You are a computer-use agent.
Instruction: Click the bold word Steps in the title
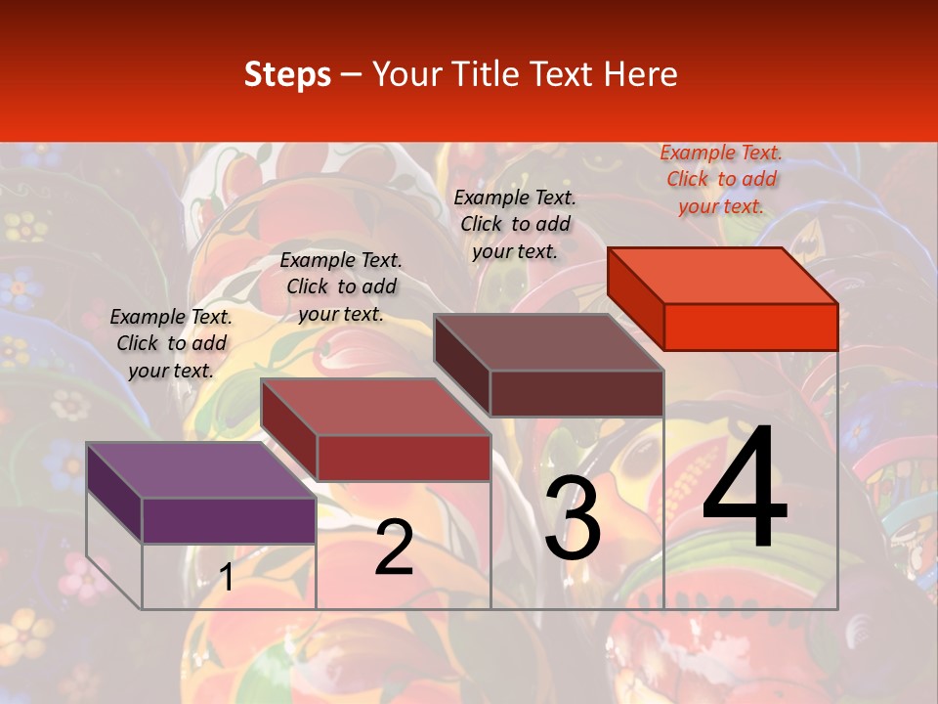(287, 74)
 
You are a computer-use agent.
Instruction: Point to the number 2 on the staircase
(394, 548)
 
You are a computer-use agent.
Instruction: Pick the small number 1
(226, 578)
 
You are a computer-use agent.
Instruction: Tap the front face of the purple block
(229, 520)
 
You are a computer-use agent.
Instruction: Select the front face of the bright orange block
(750, 327)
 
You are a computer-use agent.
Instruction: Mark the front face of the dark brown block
(576, 393)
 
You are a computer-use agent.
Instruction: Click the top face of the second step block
(375, 407)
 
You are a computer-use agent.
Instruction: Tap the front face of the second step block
(403, 458)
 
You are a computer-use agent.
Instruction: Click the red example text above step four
(721, 179)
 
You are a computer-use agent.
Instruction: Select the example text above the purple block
(171, 343)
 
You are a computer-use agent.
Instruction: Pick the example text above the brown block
(515, 224)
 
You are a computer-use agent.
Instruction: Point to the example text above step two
(341, 286)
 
